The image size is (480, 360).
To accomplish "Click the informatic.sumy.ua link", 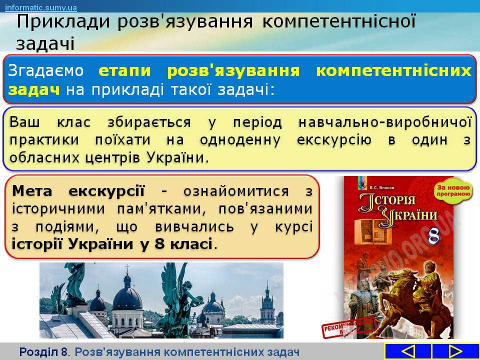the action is point(41,7).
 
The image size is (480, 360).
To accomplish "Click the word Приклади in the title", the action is point(63,21).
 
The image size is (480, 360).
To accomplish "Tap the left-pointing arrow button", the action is point(407,351).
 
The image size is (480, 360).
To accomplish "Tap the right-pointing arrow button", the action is point(455,351).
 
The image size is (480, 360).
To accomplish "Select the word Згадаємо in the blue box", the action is point(45,70).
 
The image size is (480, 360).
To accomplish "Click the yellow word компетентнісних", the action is point(393,70).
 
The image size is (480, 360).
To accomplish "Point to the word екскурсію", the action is point(334,140).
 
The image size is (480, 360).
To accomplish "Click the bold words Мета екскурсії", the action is point(78,191).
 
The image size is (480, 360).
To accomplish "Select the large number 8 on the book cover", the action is point(434,235).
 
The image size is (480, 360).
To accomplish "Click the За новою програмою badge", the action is point(453,190).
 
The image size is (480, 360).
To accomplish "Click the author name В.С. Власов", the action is point(382,187).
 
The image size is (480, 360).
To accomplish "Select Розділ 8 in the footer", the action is point(43,352).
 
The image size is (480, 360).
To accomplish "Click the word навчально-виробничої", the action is point(385,122).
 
